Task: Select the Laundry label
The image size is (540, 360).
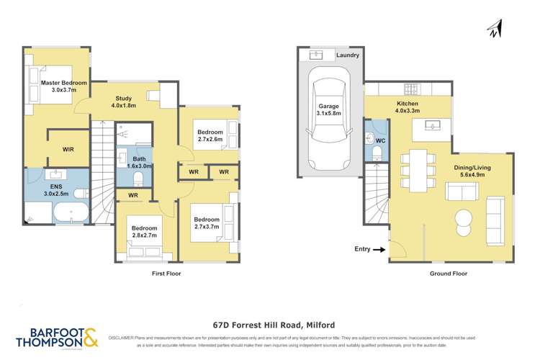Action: [348, 55]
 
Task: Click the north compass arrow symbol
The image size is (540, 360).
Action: [494, 28]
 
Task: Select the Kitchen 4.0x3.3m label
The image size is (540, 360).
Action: [408, 107]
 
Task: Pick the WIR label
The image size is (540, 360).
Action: [68, 149]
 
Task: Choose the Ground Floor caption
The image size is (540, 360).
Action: [450, 274]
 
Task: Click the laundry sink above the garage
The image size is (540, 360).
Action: [318, 55]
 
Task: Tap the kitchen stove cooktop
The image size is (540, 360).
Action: [412, 90]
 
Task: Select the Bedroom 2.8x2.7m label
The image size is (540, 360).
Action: [145, 233]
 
